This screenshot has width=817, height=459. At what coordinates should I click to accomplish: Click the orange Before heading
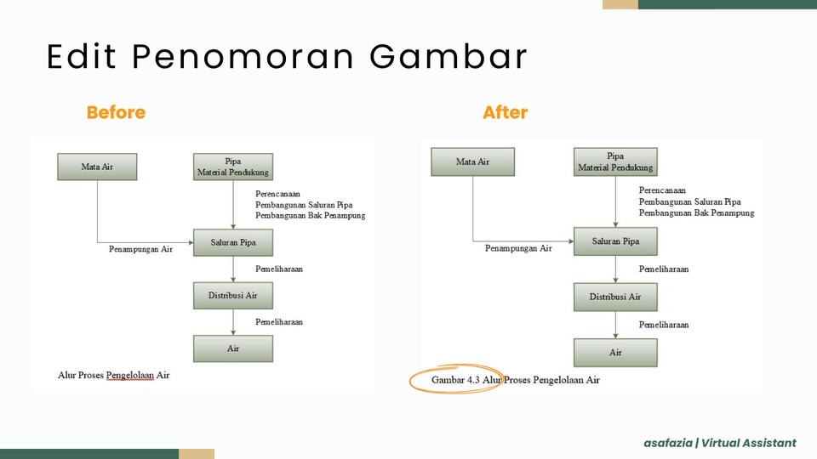[116, 112]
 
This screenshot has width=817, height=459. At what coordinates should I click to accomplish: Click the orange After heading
[505, 112]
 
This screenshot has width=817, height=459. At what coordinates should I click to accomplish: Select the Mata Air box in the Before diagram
[97, 167]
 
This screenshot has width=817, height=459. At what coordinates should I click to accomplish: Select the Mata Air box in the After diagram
[472, 161]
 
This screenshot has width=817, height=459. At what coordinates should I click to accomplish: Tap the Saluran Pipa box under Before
[233, 242]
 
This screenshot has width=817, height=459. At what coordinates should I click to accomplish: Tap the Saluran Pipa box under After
[615, 241]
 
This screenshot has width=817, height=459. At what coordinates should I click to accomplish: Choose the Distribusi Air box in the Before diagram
[233, 296]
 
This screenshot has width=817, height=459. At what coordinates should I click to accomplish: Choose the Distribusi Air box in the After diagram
[615, 297]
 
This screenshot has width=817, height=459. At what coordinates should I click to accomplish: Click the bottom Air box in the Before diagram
[233, 348]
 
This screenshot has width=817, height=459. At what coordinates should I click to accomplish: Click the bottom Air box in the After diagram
[615, 352]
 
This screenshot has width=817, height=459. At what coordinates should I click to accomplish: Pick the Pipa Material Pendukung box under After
[615, 161]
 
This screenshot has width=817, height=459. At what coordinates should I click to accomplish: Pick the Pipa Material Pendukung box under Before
[233, 167]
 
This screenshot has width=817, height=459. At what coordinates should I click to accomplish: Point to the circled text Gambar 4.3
[455, 380]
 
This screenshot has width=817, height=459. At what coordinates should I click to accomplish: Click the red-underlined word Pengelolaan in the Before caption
[130, 375]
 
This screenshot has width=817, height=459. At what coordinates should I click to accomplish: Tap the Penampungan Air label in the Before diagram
[140, 249]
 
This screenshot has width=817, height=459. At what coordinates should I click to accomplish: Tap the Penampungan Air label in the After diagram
[518, 248]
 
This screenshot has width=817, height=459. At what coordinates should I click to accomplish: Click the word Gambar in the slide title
[448, 56]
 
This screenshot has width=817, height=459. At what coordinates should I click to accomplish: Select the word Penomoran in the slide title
[243, 56]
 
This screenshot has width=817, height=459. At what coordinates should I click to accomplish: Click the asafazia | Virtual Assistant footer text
[720, 443]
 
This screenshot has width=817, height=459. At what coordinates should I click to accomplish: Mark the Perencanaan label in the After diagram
[662, 190]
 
